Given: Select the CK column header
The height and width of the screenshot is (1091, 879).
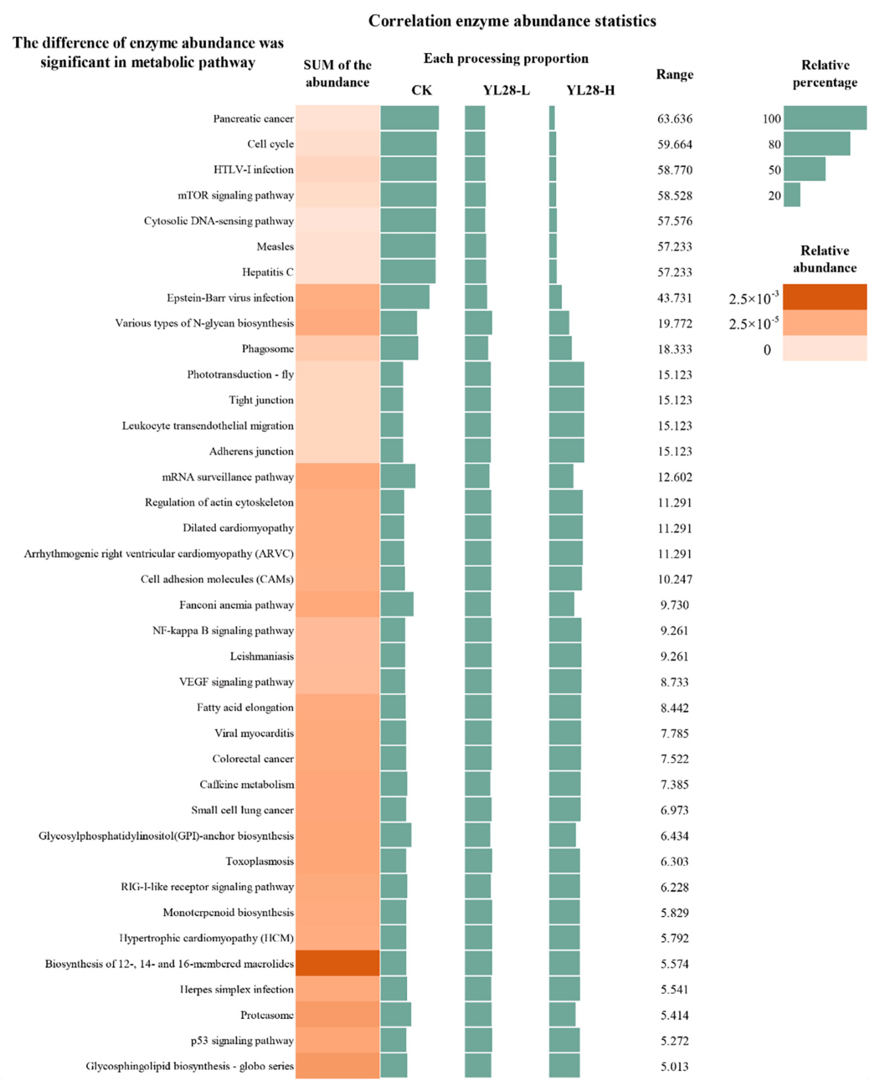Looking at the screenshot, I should tap(421, 90).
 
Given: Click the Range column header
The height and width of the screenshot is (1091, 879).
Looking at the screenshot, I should tap(675, 75).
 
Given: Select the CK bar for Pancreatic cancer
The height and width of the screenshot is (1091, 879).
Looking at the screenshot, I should tap(409, 118).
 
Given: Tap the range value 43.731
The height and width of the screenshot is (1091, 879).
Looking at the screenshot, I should tap(675, 298).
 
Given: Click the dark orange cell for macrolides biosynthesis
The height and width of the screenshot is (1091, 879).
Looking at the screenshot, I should tap(337, 963).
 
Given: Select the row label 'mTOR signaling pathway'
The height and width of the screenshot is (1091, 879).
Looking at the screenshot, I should tap(235, 195).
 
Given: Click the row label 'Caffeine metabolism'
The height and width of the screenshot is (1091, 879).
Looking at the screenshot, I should tap(247, 784).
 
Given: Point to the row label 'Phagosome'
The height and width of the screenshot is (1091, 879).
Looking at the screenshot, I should tap(267, 349).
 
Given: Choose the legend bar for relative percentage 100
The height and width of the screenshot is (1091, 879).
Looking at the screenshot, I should tap(825, 118).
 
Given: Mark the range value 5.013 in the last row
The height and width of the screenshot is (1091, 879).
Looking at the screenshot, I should tap(675, 1066).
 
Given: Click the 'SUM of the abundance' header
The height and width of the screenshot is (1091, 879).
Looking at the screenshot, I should tap(337, 73).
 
